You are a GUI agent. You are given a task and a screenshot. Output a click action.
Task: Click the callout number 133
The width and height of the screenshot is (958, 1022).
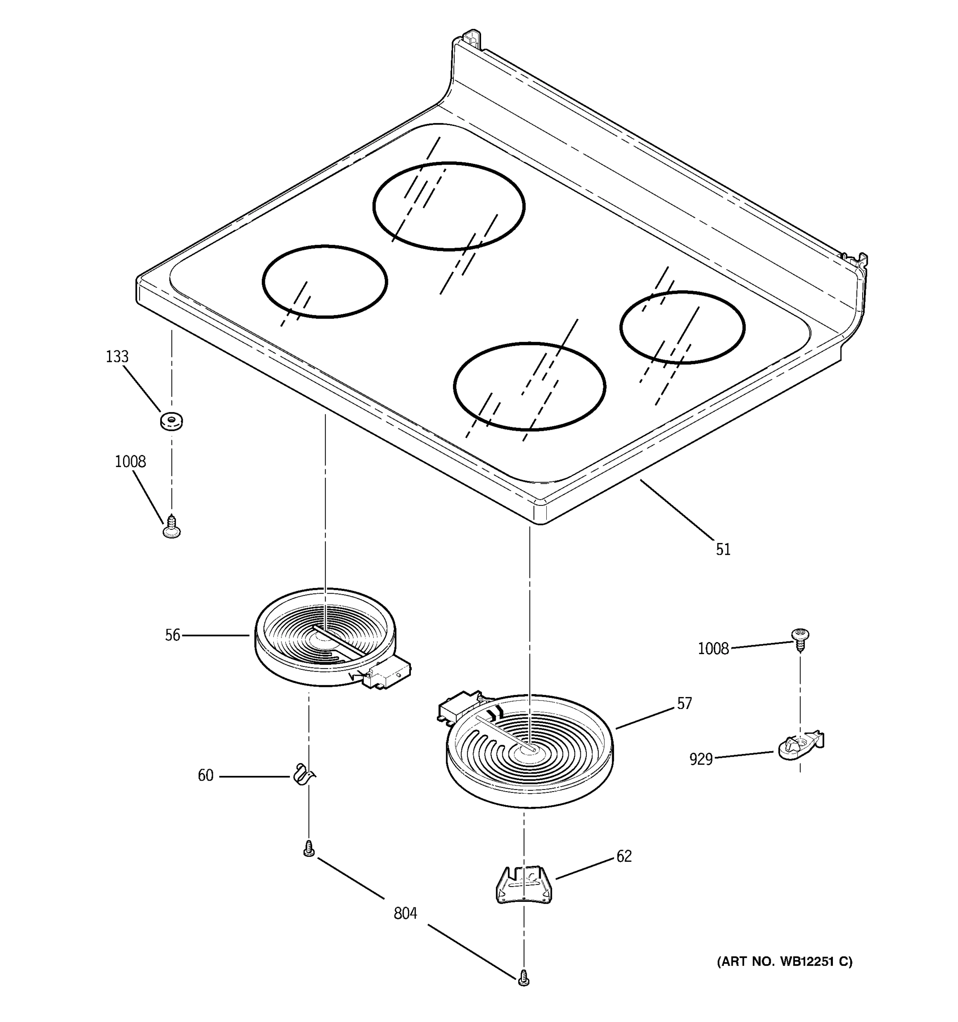coord(117,357)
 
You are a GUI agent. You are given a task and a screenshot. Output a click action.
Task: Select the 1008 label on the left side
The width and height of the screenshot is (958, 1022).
coord(130,462)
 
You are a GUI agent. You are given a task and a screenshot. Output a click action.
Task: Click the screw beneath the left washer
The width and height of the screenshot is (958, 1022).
coord(171,528)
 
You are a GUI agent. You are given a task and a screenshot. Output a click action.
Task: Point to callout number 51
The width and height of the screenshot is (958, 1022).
coord(723,550)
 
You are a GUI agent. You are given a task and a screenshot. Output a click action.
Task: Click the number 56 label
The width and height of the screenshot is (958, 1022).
coord(173,635)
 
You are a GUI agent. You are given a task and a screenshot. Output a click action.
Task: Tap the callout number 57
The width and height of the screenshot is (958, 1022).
coord(684,704)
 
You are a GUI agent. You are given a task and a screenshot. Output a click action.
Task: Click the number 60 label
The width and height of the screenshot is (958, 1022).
coord(206,775)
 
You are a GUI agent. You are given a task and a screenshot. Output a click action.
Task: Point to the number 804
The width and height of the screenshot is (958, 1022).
coord(405,913)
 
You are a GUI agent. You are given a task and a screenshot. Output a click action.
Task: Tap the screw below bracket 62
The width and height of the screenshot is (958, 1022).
coord(524,977)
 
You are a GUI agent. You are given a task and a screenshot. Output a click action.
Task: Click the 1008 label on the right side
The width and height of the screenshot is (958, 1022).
coord(713,649)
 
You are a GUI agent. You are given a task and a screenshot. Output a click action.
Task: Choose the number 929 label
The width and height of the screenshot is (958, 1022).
coord(701,759)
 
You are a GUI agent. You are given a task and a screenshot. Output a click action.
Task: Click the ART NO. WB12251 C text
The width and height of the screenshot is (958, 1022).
coord(784,962)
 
